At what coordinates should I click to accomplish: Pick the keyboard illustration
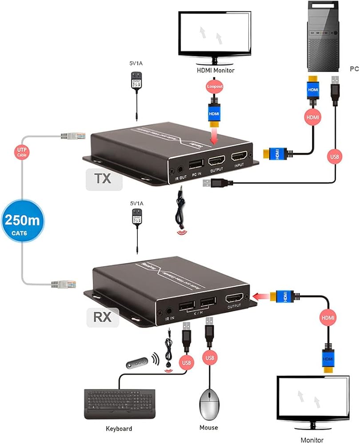click(x=120, y=404)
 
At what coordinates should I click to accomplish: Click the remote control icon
click(x=136, y=364)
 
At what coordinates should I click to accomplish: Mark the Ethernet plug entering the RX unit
click(x=61, y=283)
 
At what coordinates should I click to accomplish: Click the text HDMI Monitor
click(x=216, y=70)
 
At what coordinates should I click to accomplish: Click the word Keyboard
click(x=119, y=428)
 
